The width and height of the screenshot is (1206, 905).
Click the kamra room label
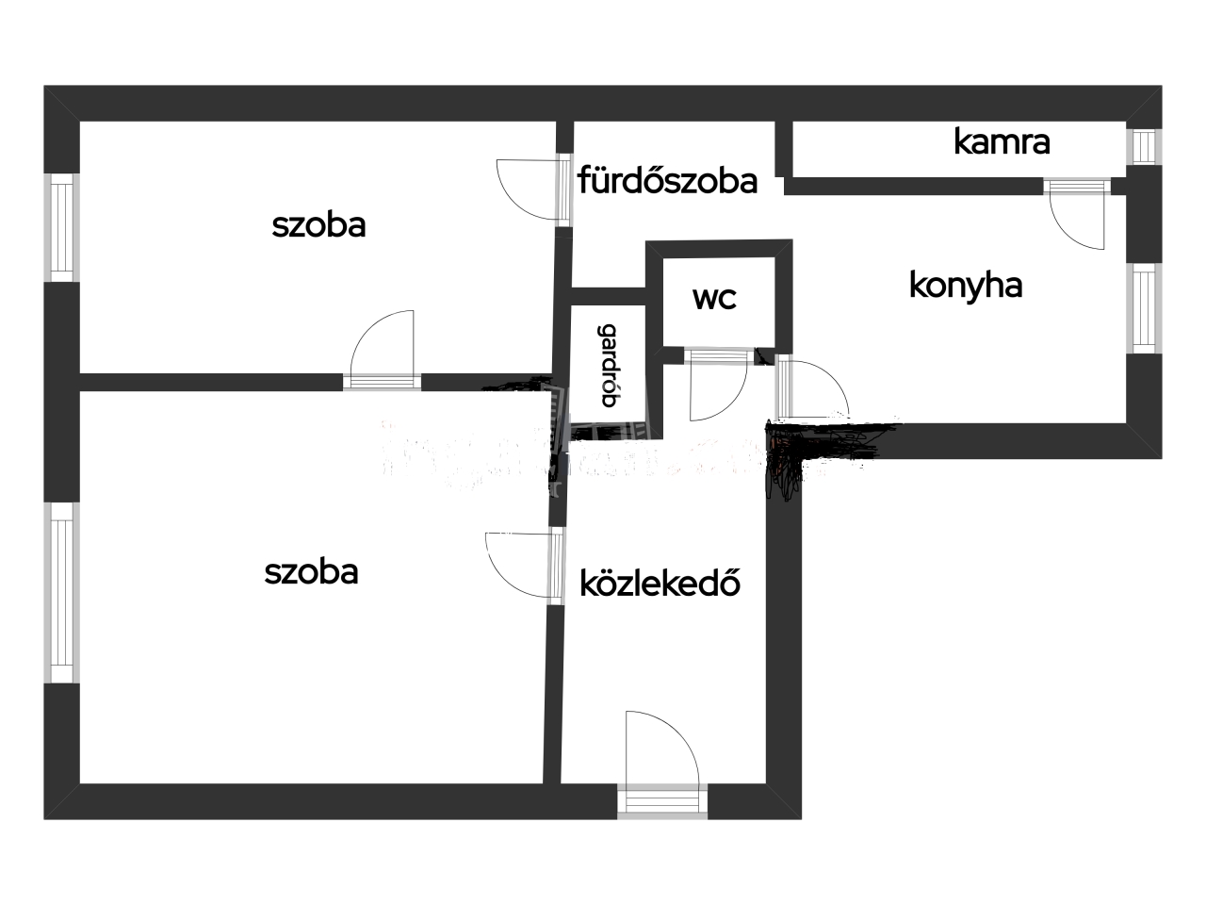click(1002, 141)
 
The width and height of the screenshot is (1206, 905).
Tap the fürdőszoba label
click(667, 179)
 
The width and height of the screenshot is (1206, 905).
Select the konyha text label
click(966, 285)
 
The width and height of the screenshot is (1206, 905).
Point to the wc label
click(714, 298)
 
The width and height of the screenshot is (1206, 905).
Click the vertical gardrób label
click(610, 366)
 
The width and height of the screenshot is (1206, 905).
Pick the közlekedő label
click(660, 584)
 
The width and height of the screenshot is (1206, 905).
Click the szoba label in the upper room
click(318, 225)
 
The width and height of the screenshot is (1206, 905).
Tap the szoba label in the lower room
click(311, 572)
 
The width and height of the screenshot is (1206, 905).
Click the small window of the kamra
click(1144, 146)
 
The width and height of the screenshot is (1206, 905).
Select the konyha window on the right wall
click(1144, 307)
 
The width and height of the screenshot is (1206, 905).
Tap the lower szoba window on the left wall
click(61, 592)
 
